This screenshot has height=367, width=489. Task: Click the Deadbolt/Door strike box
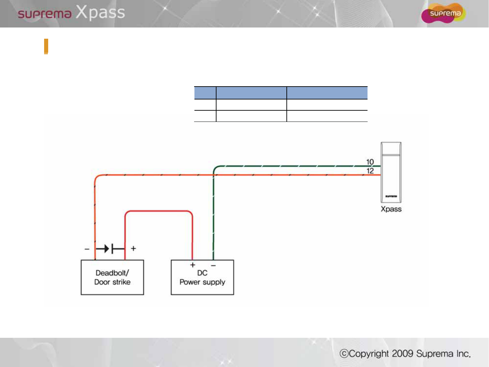[x=112, y=277]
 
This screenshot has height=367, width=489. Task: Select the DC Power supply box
[x=202, y=277]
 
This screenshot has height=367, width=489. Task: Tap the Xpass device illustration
[x=391, y=172]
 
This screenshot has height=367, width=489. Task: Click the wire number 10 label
[x=370, y=162]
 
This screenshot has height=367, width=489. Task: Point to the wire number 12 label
[x=370, y=171]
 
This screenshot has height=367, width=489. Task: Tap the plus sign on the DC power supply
[x=193, y=265]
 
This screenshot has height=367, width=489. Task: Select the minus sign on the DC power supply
[x=213, y=265]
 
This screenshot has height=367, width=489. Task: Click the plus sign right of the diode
[x=133, y=249]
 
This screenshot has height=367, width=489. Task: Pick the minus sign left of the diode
[x=87, y=249]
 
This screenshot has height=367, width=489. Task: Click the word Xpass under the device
[x=391, y=209]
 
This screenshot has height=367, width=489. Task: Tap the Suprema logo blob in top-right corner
[x=443, y=13]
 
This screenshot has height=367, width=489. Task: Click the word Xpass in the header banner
[x=100, y=13]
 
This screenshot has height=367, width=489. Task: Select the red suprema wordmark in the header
[x=44, y=14]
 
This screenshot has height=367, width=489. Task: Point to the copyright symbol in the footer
[x=344, y=354]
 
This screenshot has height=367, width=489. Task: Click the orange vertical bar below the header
[x=46, y=47]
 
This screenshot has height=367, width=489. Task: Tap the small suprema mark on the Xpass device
[x=391, y=196]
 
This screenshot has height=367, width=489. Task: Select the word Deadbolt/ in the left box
[x=112, y=273]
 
